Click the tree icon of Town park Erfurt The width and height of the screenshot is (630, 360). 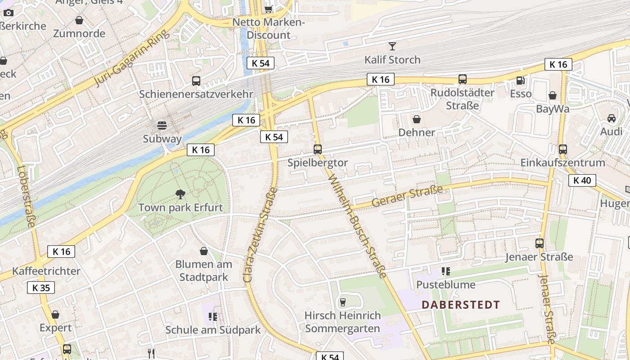click(180, 194)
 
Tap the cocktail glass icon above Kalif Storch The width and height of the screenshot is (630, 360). click(392, 46)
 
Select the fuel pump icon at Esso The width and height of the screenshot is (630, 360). click(521, 81)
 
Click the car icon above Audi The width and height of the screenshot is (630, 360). click(611, 118)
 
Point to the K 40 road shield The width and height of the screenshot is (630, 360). click(582, 181)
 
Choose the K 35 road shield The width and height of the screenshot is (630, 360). click(41, 288)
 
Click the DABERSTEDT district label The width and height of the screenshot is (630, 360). click(460, 305)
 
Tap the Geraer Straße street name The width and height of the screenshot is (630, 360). click(407, 197)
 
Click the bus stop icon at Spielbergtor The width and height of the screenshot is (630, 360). click(318, 149)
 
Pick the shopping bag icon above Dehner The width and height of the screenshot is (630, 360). click(417, 119)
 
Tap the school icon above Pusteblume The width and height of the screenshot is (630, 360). click(445, 271)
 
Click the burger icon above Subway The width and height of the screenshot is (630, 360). click(162, 125)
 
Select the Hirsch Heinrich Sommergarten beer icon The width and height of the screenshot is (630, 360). click(342, 302)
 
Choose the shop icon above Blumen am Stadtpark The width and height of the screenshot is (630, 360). click(204, 251)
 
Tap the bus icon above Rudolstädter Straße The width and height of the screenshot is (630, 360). click(462, 79)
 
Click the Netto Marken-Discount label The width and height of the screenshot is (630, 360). click(269, 28)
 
